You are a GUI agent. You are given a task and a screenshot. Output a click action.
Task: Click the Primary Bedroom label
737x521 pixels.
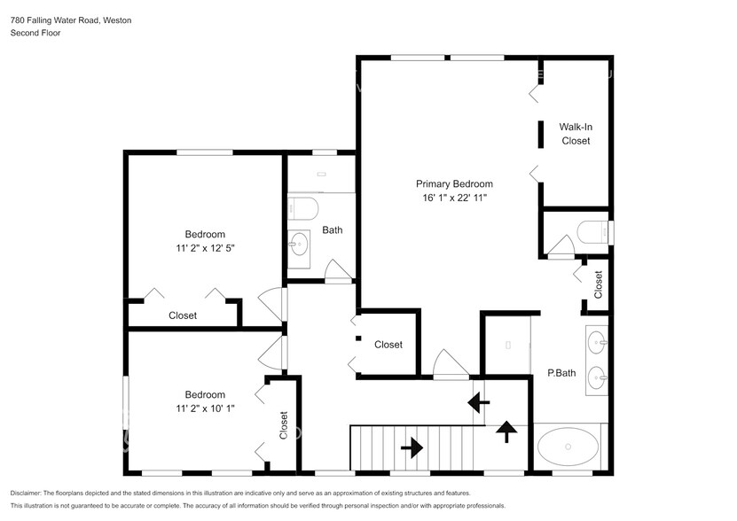tap(454, 183)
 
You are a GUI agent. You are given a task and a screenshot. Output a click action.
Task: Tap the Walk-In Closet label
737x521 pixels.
tap(576, 134)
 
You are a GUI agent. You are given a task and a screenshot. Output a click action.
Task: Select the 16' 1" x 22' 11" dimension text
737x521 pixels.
tap(454, 198)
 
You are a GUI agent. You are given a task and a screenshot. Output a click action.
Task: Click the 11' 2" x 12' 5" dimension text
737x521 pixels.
tap(205, 247)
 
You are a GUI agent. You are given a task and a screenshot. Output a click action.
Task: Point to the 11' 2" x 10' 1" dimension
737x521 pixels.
tap(205, 408)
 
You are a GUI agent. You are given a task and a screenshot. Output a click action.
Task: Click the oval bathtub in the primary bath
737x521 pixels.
tap(568, 447)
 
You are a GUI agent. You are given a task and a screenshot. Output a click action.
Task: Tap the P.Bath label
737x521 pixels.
tap(561, 373)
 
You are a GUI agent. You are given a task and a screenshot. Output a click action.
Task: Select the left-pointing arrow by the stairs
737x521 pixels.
tap(479, 402)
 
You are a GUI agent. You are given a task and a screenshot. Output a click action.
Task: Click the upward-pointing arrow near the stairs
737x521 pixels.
tap(506, 432)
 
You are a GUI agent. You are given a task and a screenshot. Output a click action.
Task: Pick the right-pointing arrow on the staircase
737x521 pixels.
tap(412, 447)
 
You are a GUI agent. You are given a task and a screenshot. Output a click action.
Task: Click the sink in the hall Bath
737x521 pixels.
tap(298, 244)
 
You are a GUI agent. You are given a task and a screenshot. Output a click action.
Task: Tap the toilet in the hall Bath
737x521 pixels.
tap(303, 208)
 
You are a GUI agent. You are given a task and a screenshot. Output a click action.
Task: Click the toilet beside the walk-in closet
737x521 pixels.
tap(593, 232)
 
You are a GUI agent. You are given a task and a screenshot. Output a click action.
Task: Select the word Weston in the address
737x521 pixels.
tap(117, 20)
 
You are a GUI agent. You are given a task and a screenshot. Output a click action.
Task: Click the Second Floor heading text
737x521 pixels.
tap(35, 33)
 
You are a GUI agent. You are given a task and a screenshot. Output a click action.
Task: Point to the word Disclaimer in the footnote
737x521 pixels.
tap(26, 494)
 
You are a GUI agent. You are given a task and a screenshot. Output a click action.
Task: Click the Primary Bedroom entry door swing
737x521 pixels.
tap(451, 363)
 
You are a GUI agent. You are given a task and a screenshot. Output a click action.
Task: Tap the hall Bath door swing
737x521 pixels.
tap(338, 269)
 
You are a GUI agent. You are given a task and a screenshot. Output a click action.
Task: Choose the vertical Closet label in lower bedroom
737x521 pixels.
tap(284, 425)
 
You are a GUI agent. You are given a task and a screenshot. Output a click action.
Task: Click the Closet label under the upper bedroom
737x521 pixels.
tap(183, 315)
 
